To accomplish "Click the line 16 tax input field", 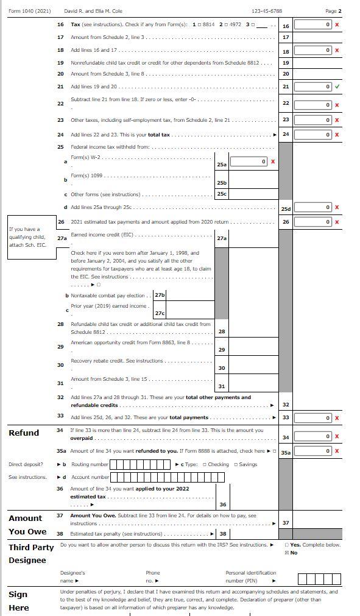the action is click(313, 24).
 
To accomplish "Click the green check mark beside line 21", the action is click(337, 87).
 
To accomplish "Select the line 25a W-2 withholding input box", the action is click(249, 161).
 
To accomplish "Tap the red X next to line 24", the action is click(337, 135).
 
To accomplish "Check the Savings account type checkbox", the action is click(236, 464).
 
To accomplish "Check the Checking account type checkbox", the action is click(205, 464).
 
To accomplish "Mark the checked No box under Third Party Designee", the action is click(286, 553).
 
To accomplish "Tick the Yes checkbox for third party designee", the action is click(286, 545).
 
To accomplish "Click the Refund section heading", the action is click(24, 433).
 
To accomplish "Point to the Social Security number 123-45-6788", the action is click(267, 11).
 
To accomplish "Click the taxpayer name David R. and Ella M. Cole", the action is click(93, 11).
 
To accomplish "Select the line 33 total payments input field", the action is click(313, 418).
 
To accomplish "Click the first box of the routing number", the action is click(113, 464).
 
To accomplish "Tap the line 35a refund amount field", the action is click(313, 451).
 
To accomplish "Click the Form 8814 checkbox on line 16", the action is click(199, 25).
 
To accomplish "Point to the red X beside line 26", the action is click(337, 222).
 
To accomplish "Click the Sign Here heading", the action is click(18, 601).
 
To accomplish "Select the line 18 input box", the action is click(313, 51).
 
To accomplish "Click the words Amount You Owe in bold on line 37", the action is click(93, 515).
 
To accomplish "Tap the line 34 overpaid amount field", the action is click(313, 436).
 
